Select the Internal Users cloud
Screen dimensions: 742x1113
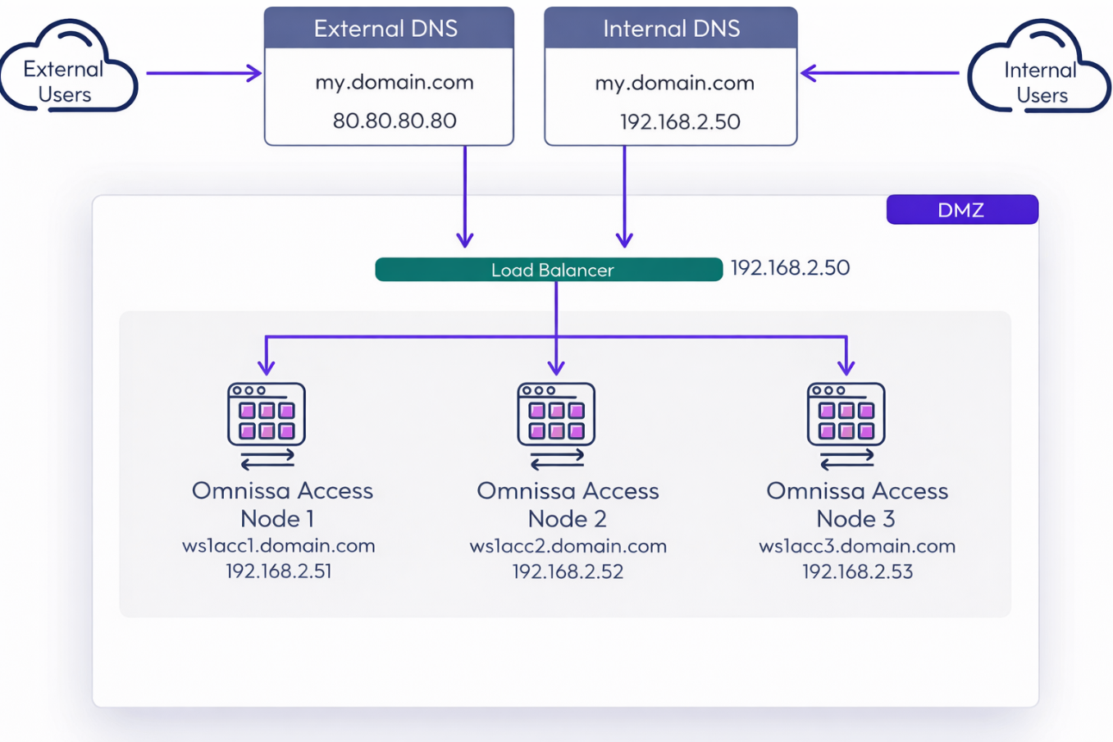(1040, 74)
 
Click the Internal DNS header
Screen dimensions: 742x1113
(671, 29)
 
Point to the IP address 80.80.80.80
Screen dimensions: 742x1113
(395, 121)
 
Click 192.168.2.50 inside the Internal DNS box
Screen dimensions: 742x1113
(680, 122)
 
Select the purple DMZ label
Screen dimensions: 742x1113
(961, 210)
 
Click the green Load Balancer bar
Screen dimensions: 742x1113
(549, 270)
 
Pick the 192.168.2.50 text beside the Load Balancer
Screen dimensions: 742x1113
(790, 268)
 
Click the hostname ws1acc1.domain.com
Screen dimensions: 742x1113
(279, 546)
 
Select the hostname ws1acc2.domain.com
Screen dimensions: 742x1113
(568, 546)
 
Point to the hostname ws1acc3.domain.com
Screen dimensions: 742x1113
(857, 546)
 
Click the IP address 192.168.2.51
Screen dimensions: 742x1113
(279, 571)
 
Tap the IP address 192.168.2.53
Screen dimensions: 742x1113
(857, 571)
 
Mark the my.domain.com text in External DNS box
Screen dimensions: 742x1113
(395, 83)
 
